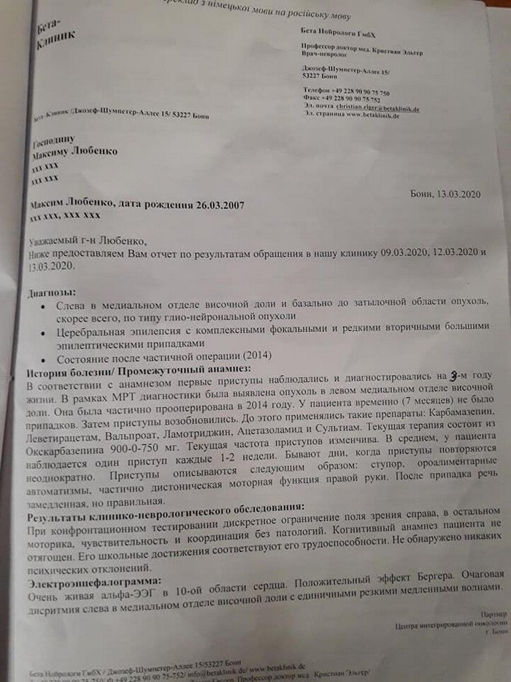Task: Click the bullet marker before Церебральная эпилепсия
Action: click(45, 330)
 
